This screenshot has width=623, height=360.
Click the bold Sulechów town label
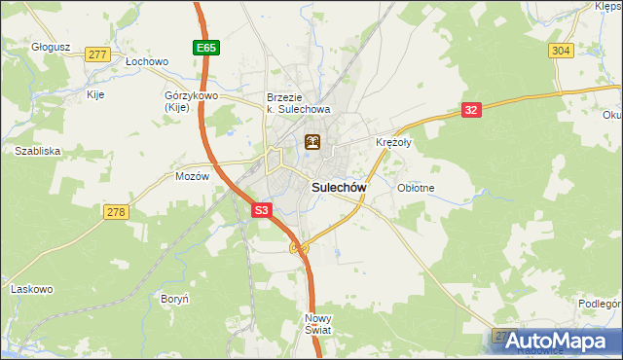tap(338, 187)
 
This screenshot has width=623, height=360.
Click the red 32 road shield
tap(471, 110)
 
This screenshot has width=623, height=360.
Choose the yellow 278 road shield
tap(116, 211)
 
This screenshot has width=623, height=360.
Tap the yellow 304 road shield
tap(560, 51)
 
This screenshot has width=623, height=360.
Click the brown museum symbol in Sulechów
tap(312, 143)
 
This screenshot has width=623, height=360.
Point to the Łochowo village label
tap(148, 60)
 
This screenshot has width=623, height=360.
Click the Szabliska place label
tap(38, 151)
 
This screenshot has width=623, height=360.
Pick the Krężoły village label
tap(393, 142)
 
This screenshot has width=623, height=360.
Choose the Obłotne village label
tap(416, 188)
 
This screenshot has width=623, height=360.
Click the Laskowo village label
tap(31, 289)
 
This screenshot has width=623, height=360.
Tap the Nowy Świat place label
tap(318, 324)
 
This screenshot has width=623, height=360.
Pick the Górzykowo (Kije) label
tap(190, 103)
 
